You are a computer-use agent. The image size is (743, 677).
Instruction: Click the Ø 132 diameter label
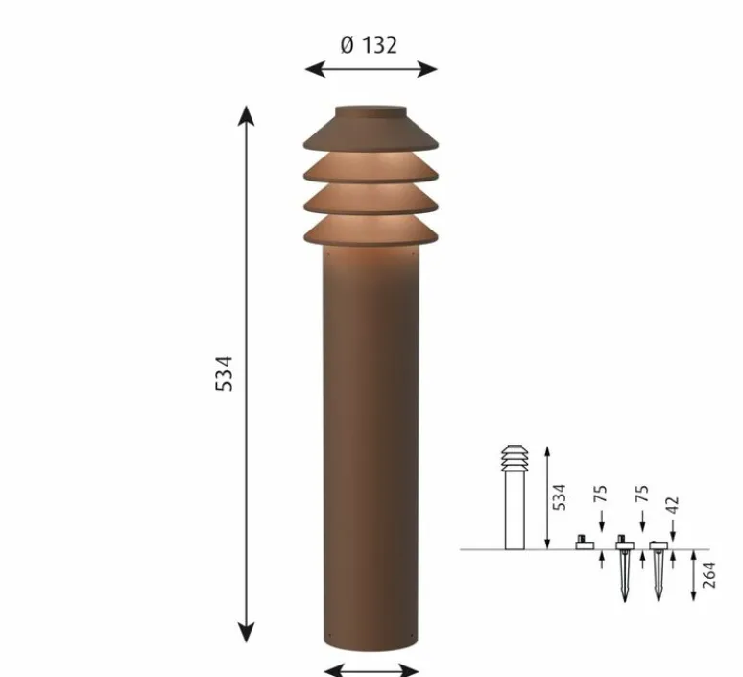coord(370,44)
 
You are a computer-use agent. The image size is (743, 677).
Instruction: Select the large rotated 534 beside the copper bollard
coord(223,373)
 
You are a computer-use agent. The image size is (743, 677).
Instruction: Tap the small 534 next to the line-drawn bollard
coord(561,496)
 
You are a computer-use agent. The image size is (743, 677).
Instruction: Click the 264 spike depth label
coord(710,576)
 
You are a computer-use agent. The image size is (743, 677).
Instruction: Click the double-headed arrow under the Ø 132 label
coord(371,69)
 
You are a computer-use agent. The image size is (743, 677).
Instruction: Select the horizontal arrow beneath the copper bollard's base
coord(371,669)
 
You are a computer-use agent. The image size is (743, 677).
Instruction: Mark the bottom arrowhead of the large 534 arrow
coord(247,632)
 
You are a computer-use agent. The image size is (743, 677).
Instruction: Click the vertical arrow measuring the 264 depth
coord(693,576)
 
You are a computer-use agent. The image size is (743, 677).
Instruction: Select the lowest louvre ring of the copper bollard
coord(371,231)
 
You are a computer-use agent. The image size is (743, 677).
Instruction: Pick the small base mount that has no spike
coord(582,544)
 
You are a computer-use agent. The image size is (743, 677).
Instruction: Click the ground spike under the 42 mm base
coord(659,576)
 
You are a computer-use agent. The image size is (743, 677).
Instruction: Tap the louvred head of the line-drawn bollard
coord(515,459)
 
